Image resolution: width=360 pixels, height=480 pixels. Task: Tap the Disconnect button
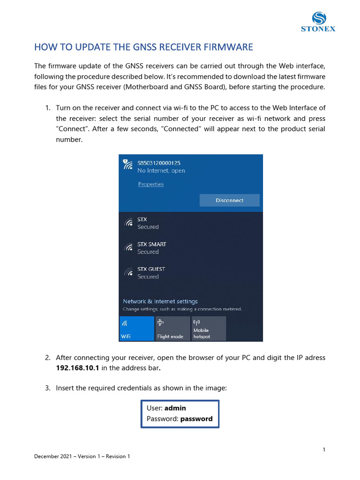pos(229,200)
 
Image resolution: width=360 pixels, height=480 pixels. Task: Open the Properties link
pos(150,184)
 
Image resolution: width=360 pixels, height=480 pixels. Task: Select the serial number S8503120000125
pos(159,163)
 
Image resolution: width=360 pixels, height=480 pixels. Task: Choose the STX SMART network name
pos(151,244)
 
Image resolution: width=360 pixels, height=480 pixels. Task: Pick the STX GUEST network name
pos(151,269)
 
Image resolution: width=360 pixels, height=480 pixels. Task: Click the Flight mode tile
pos(172,329)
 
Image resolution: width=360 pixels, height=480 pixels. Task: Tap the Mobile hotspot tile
pos(209,329)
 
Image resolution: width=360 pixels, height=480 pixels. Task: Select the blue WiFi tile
pos(137,329)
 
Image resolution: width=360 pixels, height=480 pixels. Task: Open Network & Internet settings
pos(160,301)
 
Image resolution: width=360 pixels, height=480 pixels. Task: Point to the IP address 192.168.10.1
pos(77,368)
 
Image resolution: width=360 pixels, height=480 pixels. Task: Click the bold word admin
pos(175,408)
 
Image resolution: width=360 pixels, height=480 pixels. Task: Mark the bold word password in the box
pos(196,419)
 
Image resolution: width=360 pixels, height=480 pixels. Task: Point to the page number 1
pos(324,450)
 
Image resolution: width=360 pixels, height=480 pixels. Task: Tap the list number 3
pos(48,388)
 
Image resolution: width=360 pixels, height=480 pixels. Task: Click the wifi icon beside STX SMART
pos(128,247)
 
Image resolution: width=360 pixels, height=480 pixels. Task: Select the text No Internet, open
pos(161,171)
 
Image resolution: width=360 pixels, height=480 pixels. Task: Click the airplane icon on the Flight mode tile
pos(160,322)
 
